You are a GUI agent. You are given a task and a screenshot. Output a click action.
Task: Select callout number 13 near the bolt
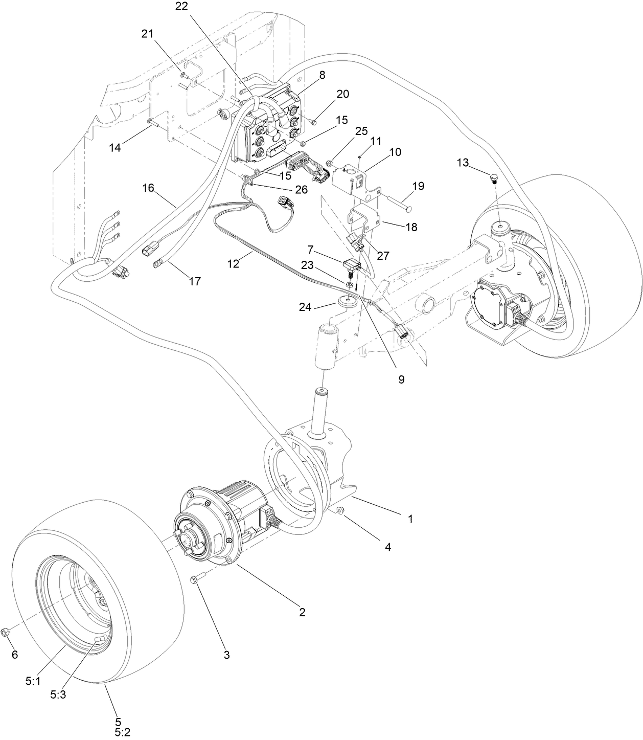tap(462, 163)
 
